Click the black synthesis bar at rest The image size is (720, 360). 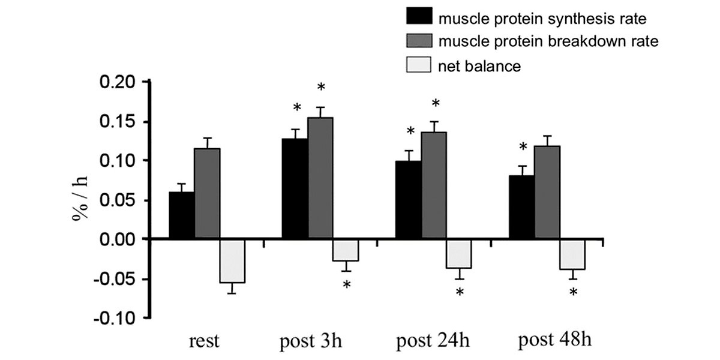181,215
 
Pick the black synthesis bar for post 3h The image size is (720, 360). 295,189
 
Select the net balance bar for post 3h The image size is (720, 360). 346,250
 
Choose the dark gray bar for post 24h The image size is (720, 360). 433,185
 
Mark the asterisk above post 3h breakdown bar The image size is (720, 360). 321,88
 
